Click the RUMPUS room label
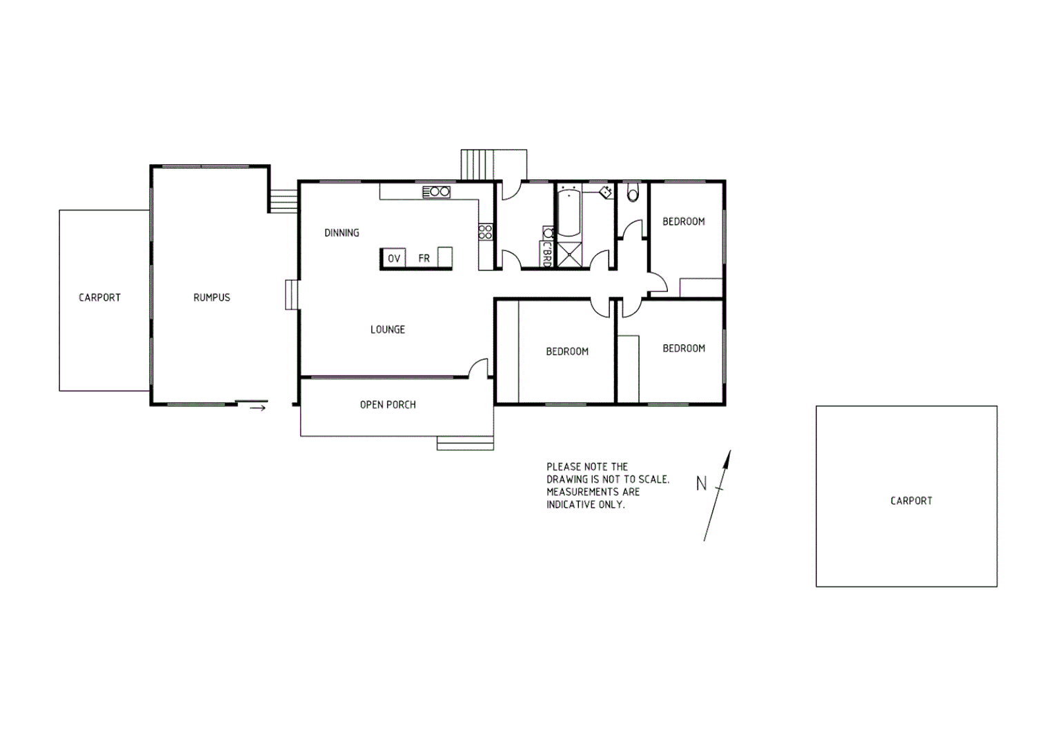tap(211, 297)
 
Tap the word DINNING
tap(342, 233)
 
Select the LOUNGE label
tap(387, 330)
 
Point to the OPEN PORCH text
tap(388, 405)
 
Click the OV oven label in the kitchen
tap(394, 259)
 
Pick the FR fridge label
tap(424, 259)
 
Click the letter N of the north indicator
tap(701, 484)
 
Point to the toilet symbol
tap(633, 192)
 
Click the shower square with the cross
tap(569, 255)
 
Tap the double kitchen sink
tap(436, 192)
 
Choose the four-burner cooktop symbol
tap(485, 231)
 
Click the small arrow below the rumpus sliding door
tap(257, 408)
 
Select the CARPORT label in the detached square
tap(911, 501)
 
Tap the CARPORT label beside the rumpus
tap(99, 297)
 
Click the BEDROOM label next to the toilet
tap(683, 221)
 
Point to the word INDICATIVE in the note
tap(571, 504)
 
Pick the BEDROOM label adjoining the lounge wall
tap(566, 352)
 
